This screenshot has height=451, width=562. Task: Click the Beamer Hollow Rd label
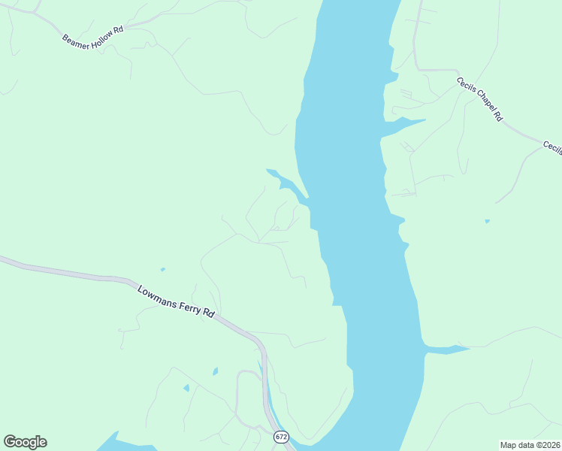92,38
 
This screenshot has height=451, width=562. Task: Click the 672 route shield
280,436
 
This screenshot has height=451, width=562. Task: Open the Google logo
25,442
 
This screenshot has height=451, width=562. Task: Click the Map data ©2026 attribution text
530,445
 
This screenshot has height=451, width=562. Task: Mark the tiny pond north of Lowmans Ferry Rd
162,269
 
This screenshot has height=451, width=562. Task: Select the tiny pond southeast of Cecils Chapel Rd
487,221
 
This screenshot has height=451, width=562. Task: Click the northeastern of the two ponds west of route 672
215,371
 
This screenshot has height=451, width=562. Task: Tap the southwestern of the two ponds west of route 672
186,388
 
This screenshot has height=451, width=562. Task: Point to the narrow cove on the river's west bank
289,183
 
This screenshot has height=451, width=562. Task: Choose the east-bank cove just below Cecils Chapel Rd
406,123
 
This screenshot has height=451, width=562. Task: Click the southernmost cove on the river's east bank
447,350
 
